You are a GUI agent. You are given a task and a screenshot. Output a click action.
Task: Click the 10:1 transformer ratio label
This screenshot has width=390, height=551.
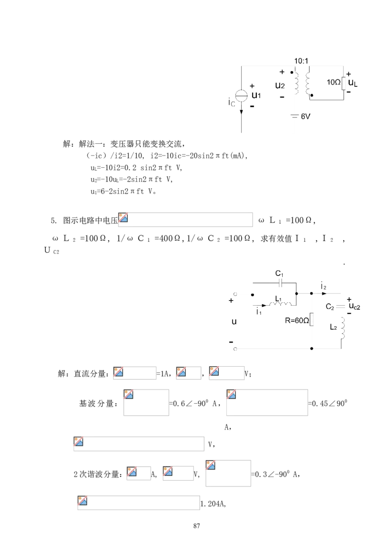[x=301, y=61]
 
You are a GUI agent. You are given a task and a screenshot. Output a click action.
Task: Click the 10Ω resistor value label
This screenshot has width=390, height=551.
[x=333, y=82]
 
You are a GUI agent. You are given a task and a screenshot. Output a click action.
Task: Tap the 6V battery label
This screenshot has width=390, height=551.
[x=306, y=117]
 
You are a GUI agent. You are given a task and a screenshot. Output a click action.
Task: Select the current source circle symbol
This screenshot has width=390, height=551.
[x=241, y=96]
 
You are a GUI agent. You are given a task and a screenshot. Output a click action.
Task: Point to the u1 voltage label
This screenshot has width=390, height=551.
[x=256, y=95]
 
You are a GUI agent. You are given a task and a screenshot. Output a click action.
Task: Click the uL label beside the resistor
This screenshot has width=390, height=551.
[x=353, y=83]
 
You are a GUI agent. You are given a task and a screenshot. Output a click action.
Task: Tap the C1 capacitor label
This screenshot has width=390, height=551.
[x=279, y=274]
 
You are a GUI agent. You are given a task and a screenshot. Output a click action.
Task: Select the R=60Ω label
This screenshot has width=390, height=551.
[x=297, y=320]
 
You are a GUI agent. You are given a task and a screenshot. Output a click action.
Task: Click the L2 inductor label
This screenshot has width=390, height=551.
[x=333, y=328]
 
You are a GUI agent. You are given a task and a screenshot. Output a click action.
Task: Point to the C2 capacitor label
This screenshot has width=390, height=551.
[x=330, y=307]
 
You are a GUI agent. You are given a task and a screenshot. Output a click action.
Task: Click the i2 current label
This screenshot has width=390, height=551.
[x=324, y=286]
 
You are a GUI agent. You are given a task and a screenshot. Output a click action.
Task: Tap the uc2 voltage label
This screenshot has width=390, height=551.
[x=354, y=307]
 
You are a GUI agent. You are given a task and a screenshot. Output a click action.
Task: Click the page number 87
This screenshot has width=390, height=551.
[x=197, y=526]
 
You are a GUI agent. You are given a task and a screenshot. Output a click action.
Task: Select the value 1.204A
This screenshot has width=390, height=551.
[x=213, y=504]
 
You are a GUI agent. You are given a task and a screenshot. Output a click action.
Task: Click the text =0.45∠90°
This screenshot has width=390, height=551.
[x=328, y=403]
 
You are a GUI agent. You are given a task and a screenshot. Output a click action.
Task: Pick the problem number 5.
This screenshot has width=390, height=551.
[x=54, y=221]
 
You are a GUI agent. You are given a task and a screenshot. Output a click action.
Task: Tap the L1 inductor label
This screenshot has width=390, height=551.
[x=278, y=299]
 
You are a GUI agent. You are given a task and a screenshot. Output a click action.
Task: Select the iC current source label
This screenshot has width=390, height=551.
[x=231, y=102]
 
